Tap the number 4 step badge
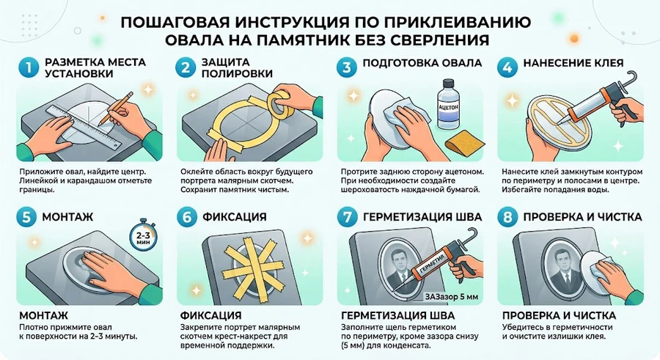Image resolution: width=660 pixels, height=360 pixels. [507, 67]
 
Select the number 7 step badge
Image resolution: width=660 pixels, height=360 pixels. [348, 217]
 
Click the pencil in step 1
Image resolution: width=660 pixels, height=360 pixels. [116, 107]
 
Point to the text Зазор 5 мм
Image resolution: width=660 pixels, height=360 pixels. [451, 296]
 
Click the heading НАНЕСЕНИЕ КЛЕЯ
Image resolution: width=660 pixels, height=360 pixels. [573, 63]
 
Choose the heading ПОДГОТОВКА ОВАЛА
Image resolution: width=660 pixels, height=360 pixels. [422, 63]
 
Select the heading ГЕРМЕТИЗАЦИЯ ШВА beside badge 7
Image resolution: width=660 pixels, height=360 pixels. [422, 217]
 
